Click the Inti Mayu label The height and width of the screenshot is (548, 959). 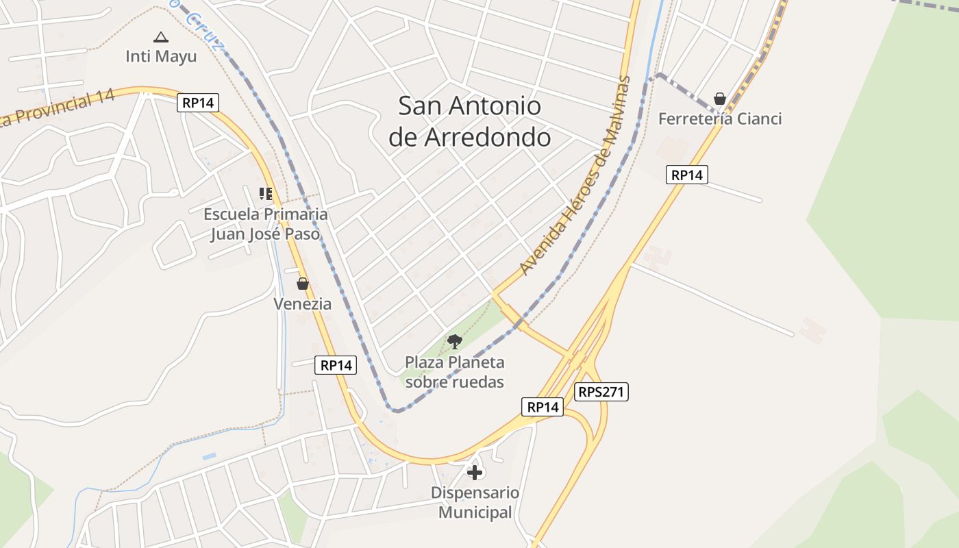161,56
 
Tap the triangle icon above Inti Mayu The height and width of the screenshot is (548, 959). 160,37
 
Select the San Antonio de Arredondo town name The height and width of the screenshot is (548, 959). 470,121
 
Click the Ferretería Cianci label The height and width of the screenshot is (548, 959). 720,119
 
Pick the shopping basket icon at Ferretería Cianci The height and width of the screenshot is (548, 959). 720,99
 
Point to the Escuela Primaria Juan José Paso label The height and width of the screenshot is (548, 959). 265,224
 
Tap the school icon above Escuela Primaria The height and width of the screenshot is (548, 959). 265,194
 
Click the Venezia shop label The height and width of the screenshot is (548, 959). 303,303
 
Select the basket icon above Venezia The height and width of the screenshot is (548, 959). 303,284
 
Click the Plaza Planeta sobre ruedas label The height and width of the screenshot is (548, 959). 455,372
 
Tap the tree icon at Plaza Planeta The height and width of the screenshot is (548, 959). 454,341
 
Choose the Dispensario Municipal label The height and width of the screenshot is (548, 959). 475,502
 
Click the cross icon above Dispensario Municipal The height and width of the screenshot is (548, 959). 475,472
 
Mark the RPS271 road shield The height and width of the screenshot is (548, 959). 601,392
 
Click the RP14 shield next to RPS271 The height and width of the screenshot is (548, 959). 543,407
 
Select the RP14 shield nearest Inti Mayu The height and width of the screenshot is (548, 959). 198,103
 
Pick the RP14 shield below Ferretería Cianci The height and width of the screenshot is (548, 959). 686,175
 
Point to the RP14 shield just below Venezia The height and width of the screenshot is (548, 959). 336,365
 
